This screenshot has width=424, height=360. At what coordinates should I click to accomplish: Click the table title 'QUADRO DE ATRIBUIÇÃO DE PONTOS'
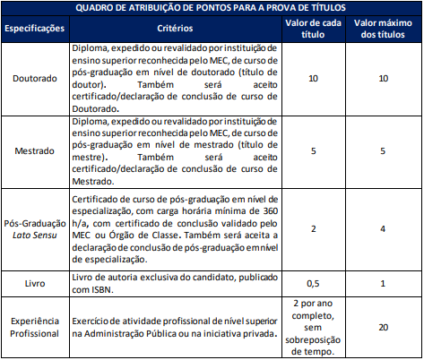[212, 7]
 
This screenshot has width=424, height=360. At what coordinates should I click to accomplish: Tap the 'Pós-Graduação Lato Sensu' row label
[35, 228]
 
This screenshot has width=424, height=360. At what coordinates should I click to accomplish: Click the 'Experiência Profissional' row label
[35, 328]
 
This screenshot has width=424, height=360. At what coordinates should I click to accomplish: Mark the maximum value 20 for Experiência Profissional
[383, 328]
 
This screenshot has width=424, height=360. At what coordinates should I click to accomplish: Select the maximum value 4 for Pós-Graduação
[383, 228]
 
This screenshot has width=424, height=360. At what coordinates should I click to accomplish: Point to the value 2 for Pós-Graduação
[313, 228]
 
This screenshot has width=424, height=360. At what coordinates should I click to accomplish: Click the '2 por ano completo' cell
[313, 328]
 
